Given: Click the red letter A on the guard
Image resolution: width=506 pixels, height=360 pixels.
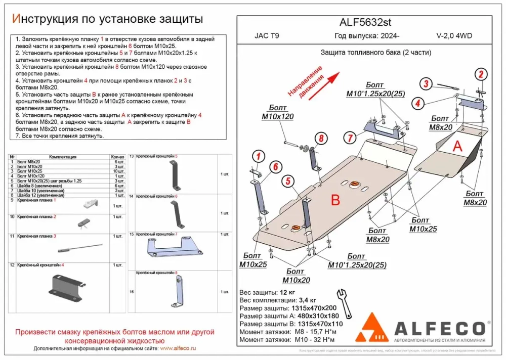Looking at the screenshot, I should tap(457, 146).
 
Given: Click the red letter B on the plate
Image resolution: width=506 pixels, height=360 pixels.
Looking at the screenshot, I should tap(335, 201).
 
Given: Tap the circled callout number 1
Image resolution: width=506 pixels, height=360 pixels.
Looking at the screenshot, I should tap(258, 156).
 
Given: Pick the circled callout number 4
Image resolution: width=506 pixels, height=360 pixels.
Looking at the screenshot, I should tap(417, 104).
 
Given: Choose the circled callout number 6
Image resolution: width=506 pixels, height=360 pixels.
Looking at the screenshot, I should tap(275, 167).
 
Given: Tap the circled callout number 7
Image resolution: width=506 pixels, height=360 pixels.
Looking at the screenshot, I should tap(349, 137).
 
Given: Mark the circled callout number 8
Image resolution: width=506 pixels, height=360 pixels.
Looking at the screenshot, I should tap(320, 138).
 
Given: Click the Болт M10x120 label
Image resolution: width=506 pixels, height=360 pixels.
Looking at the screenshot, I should tap(277, 112).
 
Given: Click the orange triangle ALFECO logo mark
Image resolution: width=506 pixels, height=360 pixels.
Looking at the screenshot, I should tap(371, 328).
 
